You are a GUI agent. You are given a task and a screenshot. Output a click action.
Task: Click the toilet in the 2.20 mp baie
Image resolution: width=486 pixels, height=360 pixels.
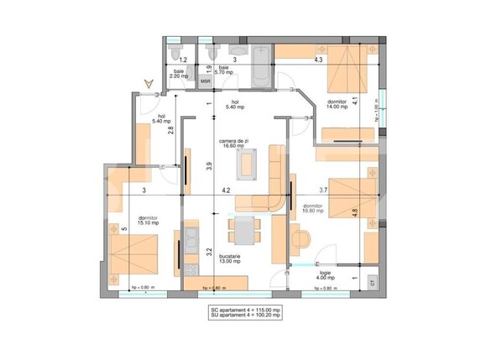[172, 53]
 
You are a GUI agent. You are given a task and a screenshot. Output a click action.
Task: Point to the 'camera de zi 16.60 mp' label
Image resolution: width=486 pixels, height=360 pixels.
[233, 143]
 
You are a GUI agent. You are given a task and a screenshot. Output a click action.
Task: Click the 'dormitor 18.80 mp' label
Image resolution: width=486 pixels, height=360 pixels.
[314, 209]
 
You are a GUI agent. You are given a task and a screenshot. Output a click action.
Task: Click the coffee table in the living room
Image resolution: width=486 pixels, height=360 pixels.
[247, 162]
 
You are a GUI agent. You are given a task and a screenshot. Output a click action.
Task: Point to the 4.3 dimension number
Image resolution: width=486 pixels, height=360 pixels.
[318, 60]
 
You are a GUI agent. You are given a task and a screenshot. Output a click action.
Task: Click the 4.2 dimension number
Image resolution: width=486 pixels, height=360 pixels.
[226, 191]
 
